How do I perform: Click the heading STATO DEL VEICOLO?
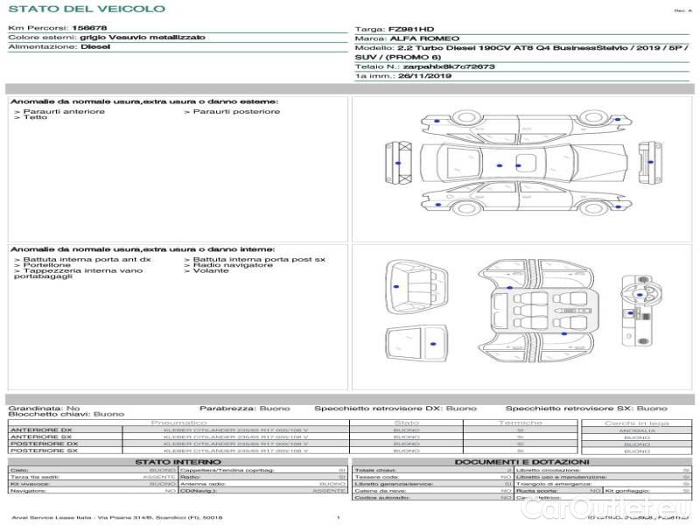[x=86, y=10]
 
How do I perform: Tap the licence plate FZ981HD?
[x=404, y=30]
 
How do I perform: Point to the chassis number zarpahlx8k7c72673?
[x=449, y=66]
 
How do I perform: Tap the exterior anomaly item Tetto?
[x=35, y=118]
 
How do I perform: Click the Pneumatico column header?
[x=178, y=423]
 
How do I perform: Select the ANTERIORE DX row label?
[x=40, y=430]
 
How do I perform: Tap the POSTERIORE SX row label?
[x=43, y=451]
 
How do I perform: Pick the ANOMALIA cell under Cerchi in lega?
[x=637, y=430]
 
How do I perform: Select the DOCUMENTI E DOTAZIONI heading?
[x=521, y=462]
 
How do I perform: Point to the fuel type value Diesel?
[x=95, y=47]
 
